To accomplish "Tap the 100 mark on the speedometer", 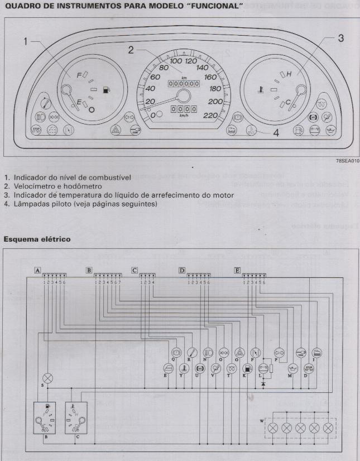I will click(176, 61).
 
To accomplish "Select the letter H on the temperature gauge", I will click(289, 74).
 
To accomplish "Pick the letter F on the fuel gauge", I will click(80, 74).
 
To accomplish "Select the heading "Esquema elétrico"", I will click(37, 238).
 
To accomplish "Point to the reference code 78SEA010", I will click(347, 160).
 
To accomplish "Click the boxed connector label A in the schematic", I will click(37, 270).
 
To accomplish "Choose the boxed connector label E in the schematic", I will click(237, 270).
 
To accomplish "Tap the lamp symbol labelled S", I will click(48, 378).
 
